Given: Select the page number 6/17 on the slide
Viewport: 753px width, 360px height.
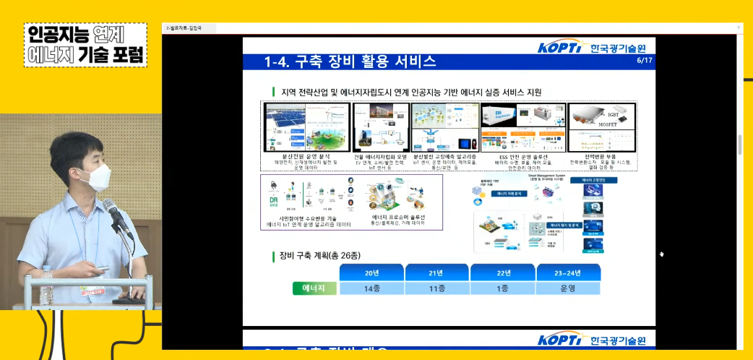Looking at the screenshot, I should click(x=644, y=61).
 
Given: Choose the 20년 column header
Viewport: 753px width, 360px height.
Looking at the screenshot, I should click(x=371, y=272).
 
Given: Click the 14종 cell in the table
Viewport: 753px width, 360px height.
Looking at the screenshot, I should click(x=371, y=288).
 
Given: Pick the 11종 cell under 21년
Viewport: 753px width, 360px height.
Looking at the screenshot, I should click(x=436, y=288).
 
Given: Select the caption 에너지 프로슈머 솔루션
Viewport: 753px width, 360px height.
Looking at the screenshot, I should click(x=398, y=217).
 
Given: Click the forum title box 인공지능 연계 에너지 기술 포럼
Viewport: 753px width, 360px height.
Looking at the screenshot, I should click(x=85, y=45).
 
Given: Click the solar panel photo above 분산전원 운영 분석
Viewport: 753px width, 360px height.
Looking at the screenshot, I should click(x=285, y=125).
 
